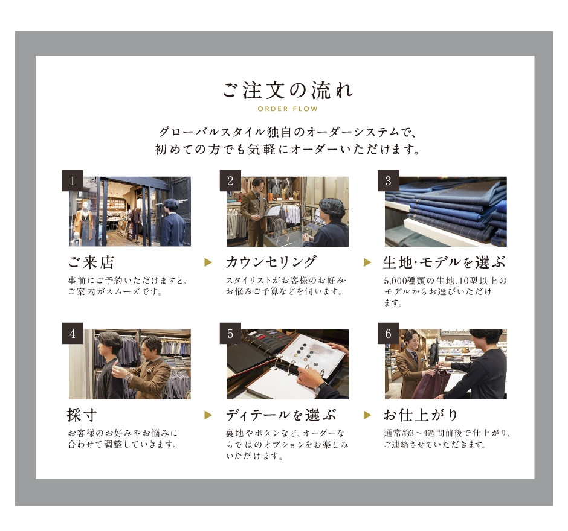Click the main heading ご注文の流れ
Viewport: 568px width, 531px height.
coord(288,90)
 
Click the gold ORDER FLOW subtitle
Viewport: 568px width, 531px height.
coord(288,109)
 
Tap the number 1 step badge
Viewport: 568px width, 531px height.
coord(73,180)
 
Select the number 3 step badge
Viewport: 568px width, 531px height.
coord(389,180)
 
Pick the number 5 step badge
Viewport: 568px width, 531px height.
coord(230,333)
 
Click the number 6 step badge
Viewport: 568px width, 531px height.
coord(389,333)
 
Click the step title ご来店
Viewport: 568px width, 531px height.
coord(91,262)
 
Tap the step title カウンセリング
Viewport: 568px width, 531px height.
coord(271,262)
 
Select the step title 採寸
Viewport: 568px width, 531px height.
coord(82,415)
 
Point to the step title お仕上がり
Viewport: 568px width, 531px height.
coord(421,415)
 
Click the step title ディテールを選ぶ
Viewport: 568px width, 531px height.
coord(281,415)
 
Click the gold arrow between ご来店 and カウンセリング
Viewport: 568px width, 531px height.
coord(208,262)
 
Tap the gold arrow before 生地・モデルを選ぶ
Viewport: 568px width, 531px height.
coord(367,262)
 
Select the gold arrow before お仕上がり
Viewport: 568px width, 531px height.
coord(367,415)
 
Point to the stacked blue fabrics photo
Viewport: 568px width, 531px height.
coord(446,212)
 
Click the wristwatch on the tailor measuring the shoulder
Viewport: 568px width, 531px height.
coord(127,377)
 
